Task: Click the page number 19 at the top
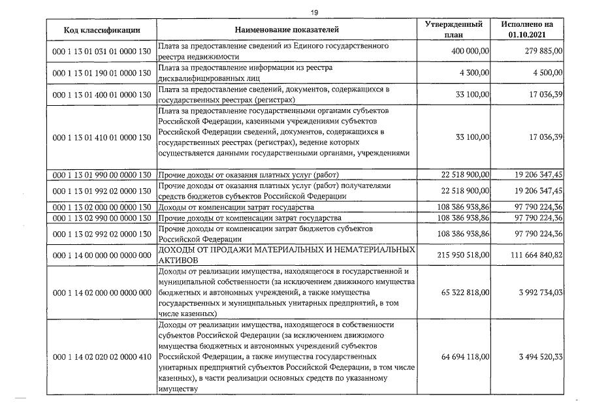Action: pyautogui.click(x=295, y=11)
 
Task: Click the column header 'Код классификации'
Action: pyautogui.click(x=101, y=30)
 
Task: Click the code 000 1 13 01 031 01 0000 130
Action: pyautogui.click(x=101, y=52)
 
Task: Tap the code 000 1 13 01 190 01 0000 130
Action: pyautogui.click(x=101, y=73)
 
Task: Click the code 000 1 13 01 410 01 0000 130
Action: pyautogui.click(x=101, y=137)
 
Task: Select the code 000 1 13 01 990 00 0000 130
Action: pyautogui.click(x=101, y=174)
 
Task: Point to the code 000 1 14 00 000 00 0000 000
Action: pyautogui.click(x=101, y=256)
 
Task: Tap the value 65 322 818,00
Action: pyautogui.click(x=462, y=292)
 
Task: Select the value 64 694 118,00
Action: pyautogui.click(x=462, y=357)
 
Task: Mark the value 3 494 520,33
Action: pyautogui.click(x=539, y=357)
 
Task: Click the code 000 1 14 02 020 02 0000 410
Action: pyautogui.click(x=101, y=357)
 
